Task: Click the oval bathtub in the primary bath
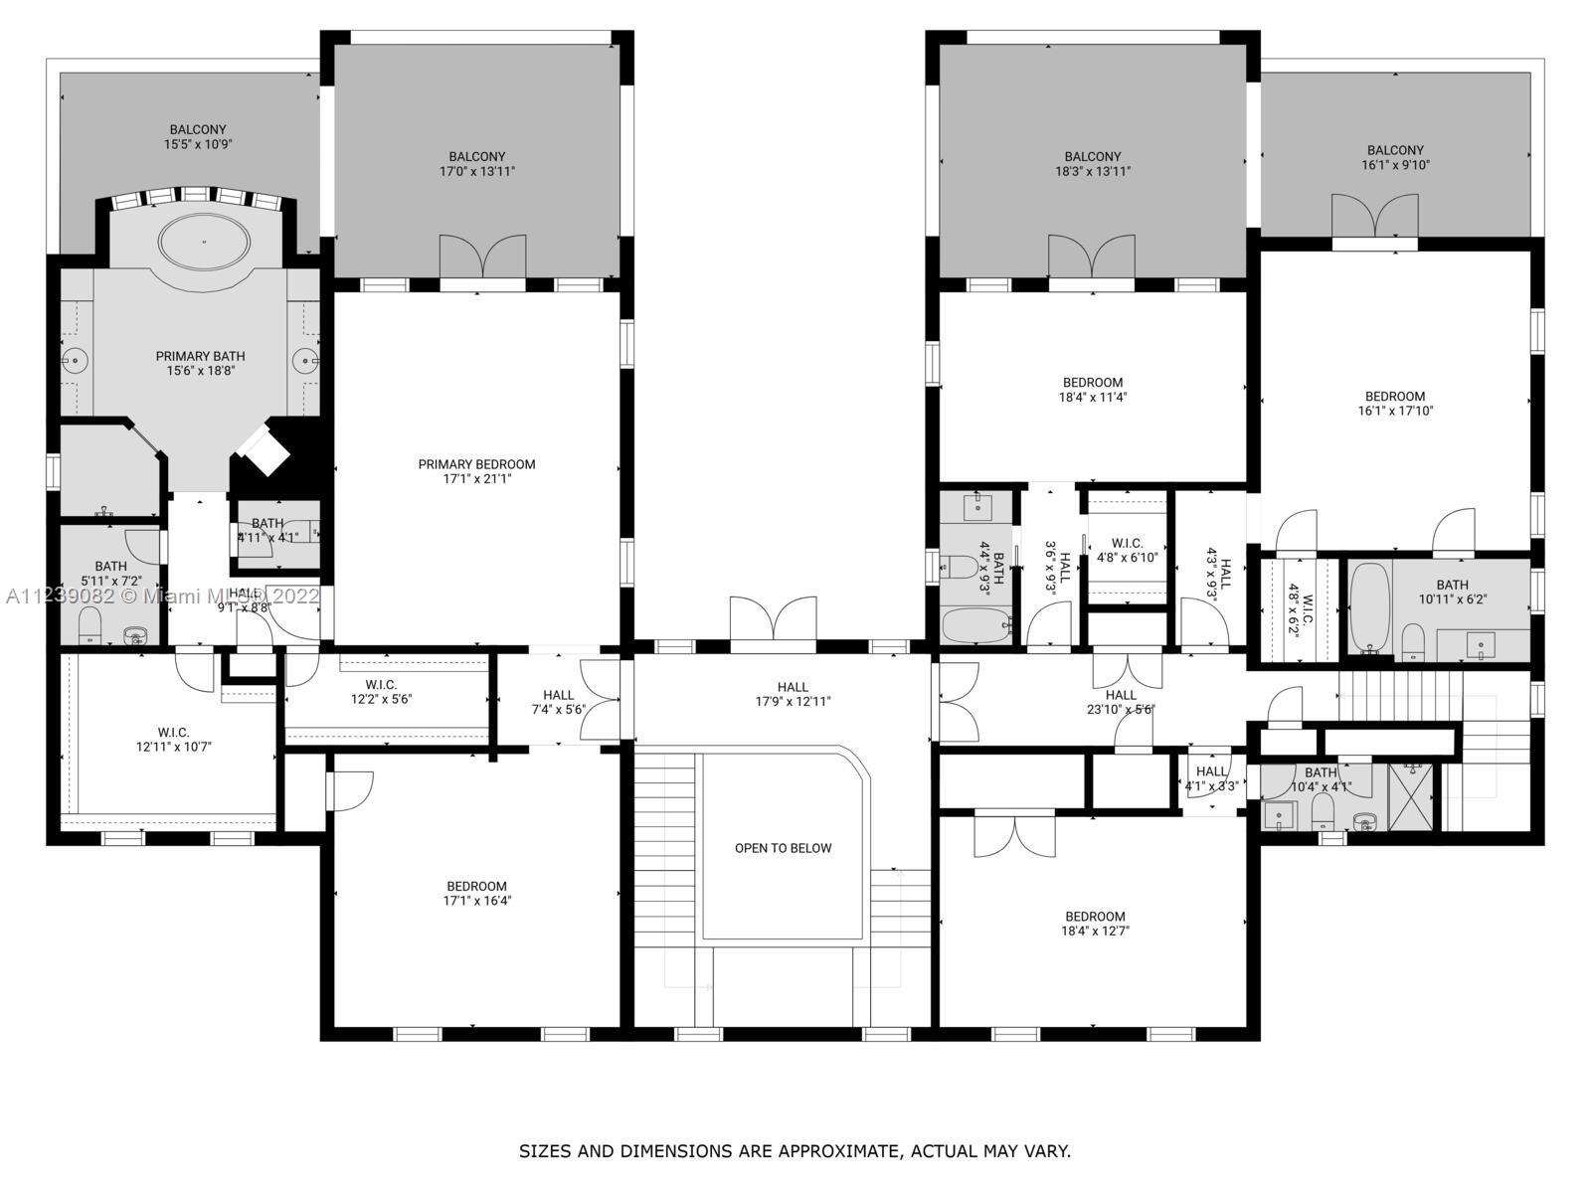205,242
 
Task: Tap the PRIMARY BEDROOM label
476,471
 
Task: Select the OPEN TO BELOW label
783,848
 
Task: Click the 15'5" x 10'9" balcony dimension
198,144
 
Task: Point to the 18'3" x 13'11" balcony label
1092,164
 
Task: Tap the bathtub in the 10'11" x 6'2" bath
1369,607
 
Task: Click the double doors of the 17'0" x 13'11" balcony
482,257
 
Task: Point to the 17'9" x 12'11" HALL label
793,694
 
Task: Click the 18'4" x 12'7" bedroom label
1095,925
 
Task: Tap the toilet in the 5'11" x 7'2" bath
90,627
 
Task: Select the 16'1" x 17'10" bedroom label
1395,403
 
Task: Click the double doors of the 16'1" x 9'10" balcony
1374,217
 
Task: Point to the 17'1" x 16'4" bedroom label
476,894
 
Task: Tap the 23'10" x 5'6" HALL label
1120,702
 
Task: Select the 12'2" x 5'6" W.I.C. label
381,692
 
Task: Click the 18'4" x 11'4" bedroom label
1092,389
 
